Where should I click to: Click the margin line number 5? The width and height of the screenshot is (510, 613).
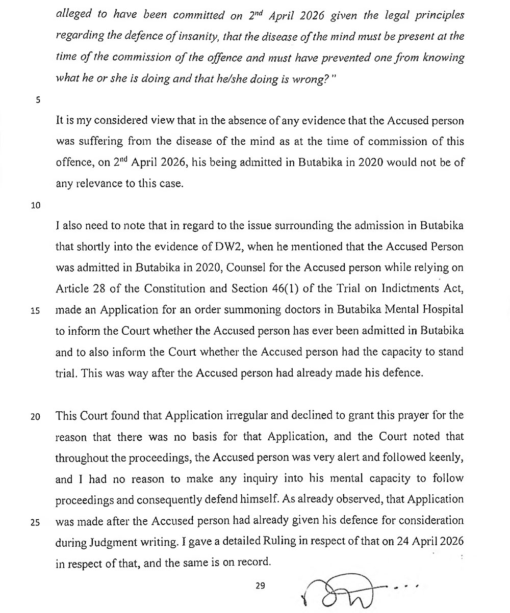click(x=38, y=100)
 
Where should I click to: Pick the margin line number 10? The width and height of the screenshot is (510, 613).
click(x=35, y=205)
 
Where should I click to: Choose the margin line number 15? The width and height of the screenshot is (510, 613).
click(x=35, y=311)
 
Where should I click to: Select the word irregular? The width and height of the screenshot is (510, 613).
click(x=252, y=415)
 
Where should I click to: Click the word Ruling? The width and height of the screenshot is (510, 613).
click(x=276, y=541)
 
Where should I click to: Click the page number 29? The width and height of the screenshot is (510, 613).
click(x=260, y=585)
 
